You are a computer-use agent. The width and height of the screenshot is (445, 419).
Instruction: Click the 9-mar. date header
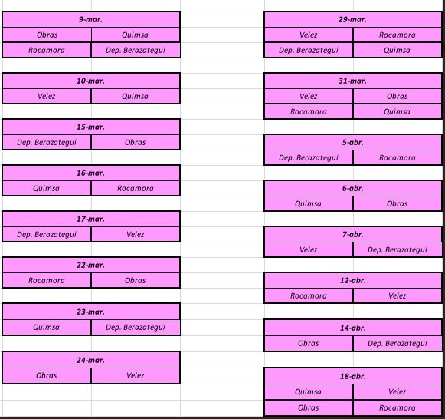pos(90,20)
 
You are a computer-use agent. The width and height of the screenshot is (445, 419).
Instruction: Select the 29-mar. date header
pos(352,20)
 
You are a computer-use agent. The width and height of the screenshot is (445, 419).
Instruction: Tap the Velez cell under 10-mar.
pos(46,96)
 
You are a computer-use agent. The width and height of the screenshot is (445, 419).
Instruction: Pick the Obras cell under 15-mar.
pos(136,142)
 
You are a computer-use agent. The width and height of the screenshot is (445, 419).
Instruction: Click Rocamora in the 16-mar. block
pos(136,188)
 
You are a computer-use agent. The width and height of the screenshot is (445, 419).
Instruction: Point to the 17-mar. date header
pos(90,219)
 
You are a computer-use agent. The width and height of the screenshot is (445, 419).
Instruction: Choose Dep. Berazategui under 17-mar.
pos(47,235)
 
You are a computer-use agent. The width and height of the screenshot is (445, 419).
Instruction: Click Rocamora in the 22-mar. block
pos(47,281)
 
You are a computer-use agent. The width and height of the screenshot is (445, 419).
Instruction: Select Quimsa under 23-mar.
pos(46,327)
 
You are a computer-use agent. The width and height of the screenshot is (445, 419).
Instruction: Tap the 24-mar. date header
pos(90,360)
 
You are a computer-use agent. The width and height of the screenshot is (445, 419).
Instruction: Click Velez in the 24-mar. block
pos(136,375)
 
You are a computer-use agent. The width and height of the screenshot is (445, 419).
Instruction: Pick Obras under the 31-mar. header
pos(398,96)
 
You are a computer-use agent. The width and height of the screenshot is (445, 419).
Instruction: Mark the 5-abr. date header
pos(353,142)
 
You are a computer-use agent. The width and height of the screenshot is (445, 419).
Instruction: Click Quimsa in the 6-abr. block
pos(308,203)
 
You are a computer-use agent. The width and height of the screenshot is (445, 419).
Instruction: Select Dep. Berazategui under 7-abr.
pos(398,250)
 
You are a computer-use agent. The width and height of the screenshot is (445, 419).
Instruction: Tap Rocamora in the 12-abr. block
pos(309,296)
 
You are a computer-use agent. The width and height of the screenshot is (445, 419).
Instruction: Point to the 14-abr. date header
pos(352,328)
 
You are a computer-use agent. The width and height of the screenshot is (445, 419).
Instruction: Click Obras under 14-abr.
pos(309,343)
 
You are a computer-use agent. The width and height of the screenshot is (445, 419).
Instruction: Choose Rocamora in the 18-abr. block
pos(398,408)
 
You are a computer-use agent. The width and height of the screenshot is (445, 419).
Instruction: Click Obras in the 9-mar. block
pos(47,35)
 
